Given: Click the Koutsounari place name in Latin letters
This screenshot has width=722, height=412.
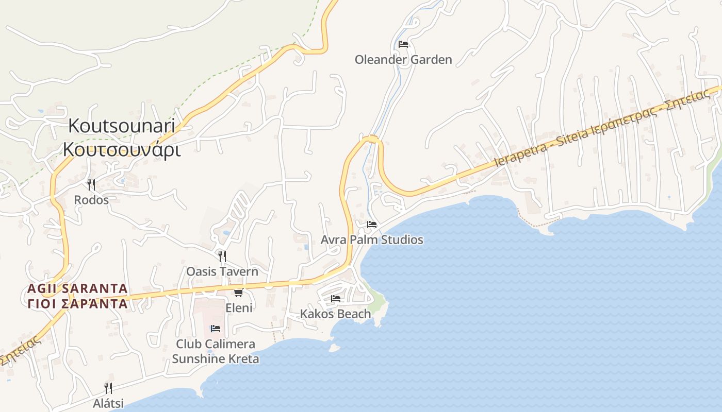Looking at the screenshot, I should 122,126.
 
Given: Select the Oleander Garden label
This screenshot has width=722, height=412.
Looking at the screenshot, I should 403,60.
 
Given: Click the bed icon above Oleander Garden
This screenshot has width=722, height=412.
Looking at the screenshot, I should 403,44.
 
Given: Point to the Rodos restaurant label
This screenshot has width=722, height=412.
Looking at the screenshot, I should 91,200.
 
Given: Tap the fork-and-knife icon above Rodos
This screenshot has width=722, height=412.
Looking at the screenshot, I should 91,184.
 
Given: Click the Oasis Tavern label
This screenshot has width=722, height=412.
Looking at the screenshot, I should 222,271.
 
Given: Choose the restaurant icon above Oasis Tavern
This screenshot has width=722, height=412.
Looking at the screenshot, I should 222,256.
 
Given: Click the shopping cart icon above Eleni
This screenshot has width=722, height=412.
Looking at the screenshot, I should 238,293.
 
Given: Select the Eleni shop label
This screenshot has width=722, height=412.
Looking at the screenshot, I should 239,308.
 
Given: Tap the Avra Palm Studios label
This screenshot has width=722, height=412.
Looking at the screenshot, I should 372,240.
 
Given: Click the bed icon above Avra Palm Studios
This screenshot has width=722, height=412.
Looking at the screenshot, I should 372,225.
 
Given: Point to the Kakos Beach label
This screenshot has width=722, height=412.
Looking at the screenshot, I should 335,314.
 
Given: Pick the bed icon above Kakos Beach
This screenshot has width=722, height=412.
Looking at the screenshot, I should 336,299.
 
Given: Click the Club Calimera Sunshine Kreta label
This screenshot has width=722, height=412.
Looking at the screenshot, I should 216,351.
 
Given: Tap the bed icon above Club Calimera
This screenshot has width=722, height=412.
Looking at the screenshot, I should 216,329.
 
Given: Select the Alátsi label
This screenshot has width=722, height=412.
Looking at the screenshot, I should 108,403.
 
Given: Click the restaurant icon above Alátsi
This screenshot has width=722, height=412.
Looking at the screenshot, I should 108,388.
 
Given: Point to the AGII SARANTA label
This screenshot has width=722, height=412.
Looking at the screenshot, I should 77,288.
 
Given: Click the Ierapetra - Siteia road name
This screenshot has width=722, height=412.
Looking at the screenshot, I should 547,148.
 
